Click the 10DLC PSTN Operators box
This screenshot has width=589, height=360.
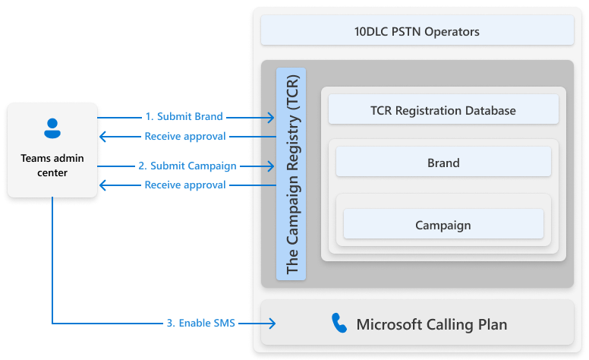[x=417, y=32]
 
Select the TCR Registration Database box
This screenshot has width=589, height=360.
[x=443, y=110]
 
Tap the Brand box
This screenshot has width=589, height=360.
[x=443, y=163]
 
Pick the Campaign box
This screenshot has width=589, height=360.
[x=443, y=225]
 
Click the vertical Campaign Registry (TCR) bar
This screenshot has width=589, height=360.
[x=291, y=174]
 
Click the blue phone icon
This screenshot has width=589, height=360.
[x=339, y=324]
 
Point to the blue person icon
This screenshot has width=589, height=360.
[x=52, y=128]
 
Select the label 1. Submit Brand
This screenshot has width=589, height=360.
[x=184, y=117]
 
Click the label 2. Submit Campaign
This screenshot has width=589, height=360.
[x=187, y=166]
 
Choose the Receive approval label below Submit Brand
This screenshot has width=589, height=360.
[x=184, y=137]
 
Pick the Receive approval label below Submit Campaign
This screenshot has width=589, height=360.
[x=184, y=185]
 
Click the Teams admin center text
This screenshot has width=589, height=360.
[x=52, y=165]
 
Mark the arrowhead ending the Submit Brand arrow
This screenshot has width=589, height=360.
[x=269, y=117]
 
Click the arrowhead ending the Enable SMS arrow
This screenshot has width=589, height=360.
[x=270, y=323]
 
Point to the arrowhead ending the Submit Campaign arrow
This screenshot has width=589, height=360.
[x=269, y=166]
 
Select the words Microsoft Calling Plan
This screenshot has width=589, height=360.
[x=431, y=325]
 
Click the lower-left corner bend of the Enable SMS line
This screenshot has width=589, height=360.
[x=52, y=323]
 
